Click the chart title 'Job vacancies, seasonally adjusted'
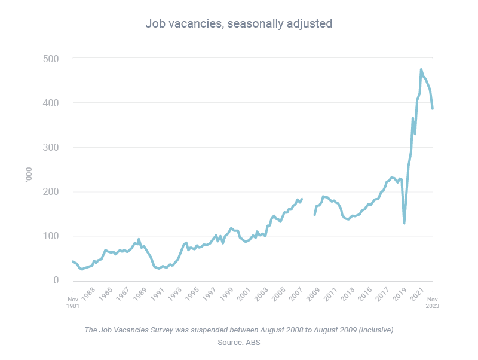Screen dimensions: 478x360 click(238, 23)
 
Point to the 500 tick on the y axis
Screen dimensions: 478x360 click(51, 59)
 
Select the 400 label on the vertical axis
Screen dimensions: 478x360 click(51, 103)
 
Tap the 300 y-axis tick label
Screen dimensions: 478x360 click(51, 147)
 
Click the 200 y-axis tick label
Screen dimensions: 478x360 click(51, 191)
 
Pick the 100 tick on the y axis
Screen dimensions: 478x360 click(51, 236)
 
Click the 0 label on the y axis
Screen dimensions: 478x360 click(56, 280)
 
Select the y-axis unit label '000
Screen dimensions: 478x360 click(29, 175)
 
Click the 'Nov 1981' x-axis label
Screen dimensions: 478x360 click(73, 303)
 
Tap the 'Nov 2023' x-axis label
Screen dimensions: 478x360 click(432, 303)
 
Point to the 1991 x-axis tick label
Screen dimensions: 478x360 click(158, 295)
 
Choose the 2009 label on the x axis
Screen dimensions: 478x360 click(313, 295)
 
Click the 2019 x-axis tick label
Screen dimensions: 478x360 click(400, 295)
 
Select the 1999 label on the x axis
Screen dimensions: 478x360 click(227, 295)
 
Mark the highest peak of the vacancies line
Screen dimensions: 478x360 click(421, 69)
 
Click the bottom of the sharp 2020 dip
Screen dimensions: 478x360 click(405, 223)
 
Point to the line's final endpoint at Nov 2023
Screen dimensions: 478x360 click(432, 108)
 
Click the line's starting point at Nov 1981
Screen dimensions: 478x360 click(72, 261)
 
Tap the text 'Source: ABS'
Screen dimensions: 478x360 click(238, 342)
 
